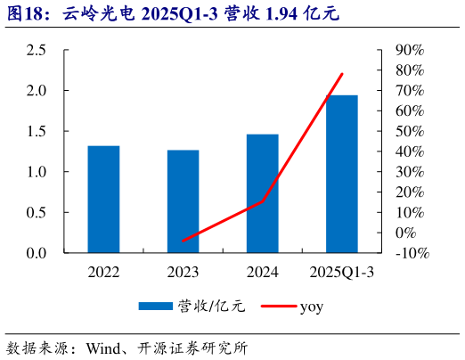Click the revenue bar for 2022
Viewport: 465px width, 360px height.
[103, 200]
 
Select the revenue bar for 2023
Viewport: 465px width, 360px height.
[183, 201]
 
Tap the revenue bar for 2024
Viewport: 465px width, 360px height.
[262, 193]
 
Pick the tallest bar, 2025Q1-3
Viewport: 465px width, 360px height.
[341, 174]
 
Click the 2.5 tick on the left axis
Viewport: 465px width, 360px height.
[37, 50]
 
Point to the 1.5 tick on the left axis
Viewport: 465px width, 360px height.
[37, 131]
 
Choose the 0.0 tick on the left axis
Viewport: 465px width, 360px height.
[37, 253]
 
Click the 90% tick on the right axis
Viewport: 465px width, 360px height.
[412, 50]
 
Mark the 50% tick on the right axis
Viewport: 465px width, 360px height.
[412, 131]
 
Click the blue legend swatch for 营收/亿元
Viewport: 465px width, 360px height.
[155, 307]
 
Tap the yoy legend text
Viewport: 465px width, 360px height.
[311, 307]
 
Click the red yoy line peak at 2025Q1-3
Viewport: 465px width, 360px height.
[342, 74]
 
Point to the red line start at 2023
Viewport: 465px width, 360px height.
[183, 241]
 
